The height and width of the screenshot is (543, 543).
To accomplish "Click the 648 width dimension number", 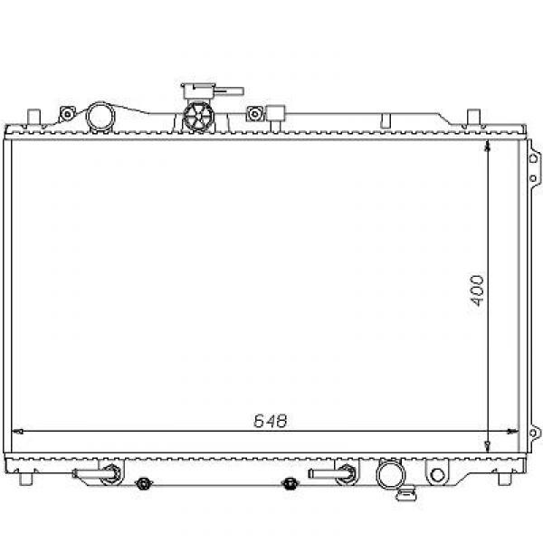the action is click(x=271, y=421).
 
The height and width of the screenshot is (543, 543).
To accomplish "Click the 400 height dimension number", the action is click(x=478, y=291).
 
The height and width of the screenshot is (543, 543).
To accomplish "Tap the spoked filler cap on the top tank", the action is click(x=198, y=117).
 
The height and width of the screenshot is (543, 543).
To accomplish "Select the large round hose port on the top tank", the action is click(x=100, y=117).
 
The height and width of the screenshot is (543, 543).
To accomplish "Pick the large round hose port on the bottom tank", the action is click(x=391, y=474).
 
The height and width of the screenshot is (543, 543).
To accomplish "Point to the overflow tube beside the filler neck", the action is click(x=229, y=91).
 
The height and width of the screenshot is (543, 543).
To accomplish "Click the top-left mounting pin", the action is click(x=33, y=117).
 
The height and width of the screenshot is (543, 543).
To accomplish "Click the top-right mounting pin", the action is click(x=473, y=117).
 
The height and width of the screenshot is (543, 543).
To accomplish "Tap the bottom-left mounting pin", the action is click(x=26, y=479).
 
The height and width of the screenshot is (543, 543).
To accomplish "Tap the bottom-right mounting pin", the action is click(x=505, y=479).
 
